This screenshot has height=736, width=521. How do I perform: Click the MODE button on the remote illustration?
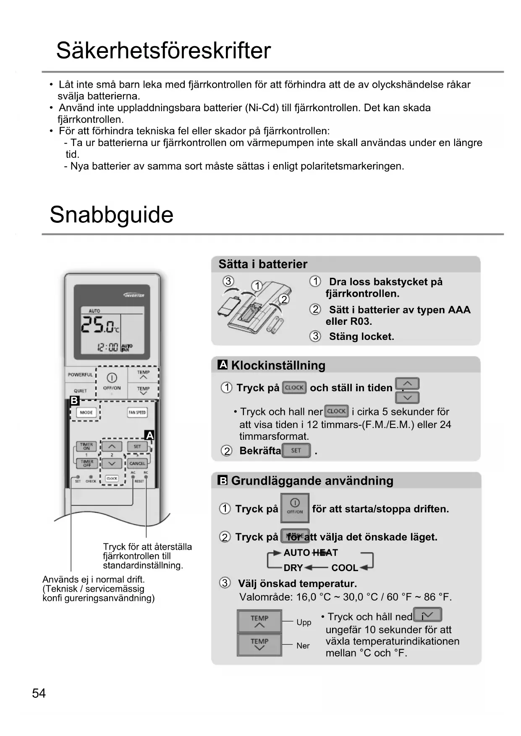pos(86,412)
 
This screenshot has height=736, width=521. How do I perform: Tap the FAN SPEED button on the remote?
pos(137,412)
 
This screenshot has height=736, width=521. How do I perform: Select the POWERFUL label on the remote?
pos(80,375)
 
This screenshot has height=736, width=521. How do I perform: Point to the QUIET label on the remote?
pos(80,391)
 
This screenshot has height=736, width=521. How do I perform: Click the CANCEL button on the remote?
pos(137,463)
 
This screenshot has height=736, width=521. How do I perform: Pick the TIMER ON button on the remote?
pos(86,446)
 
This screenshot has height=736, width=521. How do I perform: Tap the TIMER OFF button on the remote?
pos(86,463)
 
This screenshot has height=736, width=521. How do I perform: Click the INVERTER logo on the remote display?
pos(134,295)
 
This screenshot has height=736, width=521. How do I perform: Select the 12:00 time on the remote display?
pos(107,347)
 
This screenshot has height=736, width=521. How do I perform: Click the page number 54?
pos(39,693)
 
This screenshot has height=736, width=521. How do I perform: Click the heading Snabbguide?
pos(111,215)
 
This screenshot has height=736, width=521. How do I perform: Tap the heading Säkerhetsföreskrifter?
pos(163,51)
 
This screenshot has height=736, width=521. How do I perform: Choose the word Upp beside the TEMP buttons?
pos(304,622)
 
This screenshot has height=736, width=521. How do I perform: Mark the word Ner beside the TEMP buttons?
pos(303,646)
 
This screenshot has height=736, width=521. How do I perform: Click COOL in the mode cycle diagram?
pos(344,568)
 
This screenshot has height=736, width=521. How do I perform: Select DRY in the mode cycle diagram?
pos(293,568)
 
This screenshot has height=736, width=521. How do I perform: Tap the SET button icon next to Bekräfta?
pos(296,451)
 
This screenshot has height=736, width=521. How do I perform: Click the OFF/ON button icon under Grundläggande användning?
pos(295,508)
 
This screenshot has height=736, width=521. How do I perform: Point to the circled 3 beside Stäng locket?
pos(315,336)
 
